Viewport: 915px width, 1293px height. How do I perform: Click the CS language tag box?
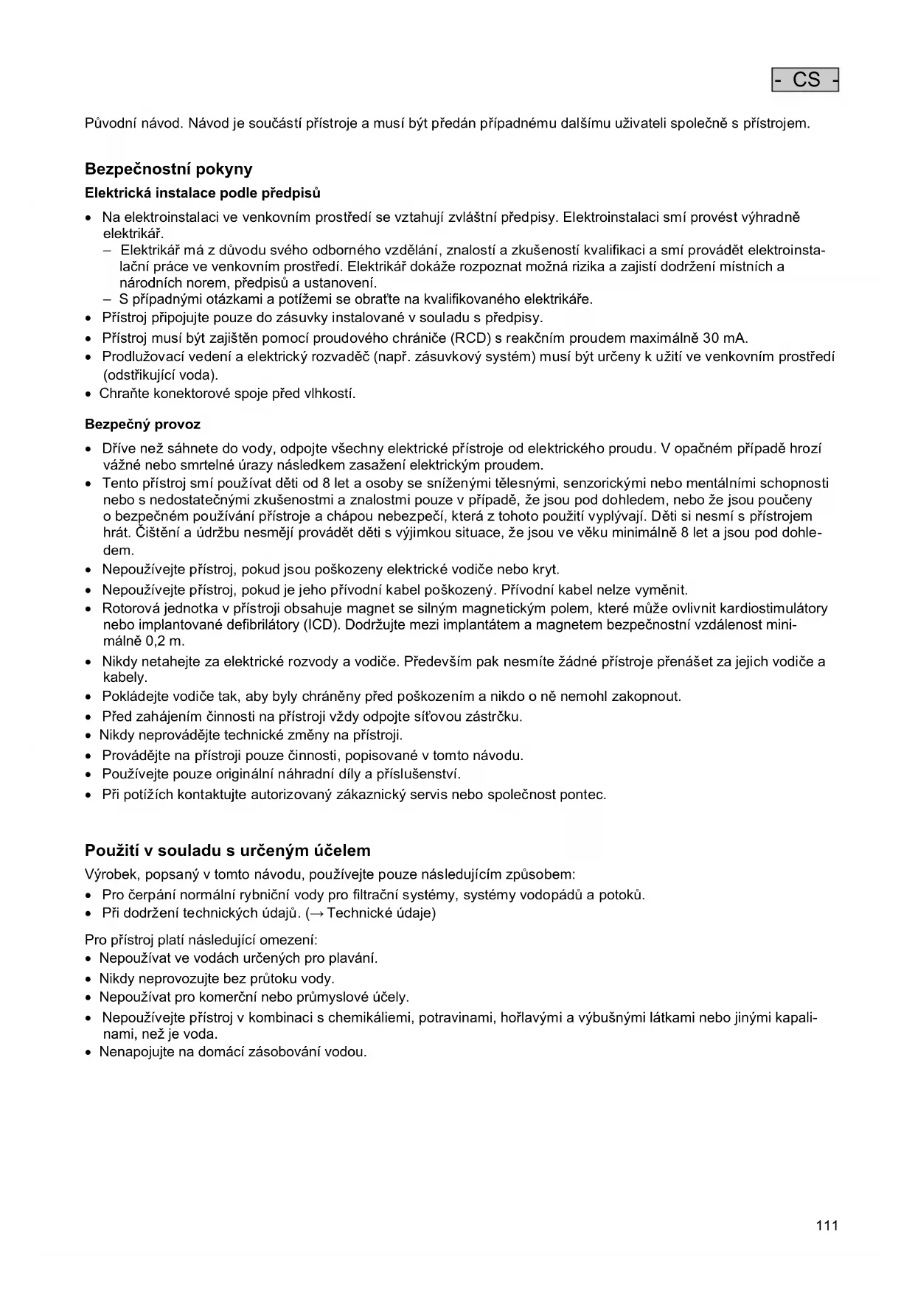tap(805, 80)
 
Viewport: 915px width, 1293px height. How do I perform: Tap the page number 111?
tap(827, 1226)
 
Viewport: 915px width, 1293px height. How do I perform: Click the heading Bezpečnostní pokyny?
tap(169, 169)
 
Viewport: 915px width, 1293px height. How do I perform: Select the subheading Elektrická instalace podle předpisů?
tap(203, 193)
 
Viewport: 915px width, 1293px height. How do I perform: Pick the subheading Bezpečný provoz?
tap(142, 425)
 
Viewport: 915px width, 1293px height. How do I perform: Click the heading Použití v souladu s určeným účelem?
tap(228, 850)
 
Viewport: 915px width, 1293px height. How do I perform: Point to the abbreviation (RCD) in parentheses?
tap(470, 338)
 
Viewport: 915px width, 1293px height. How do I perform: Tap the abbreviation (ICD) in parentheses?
tap(321, 624)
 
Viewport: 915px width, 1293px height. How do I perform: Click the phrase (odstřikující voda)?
tap(160, 374)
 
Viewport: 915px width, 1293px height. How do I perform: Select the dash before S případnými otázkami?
tap(108, 299)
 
